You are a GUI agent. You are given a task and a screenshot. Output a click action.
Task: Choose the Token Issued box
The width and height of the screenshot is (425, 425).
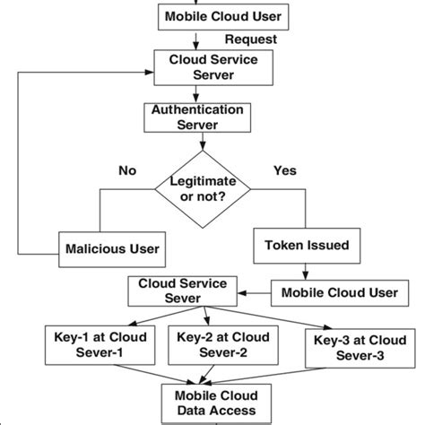click(308, 243)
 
